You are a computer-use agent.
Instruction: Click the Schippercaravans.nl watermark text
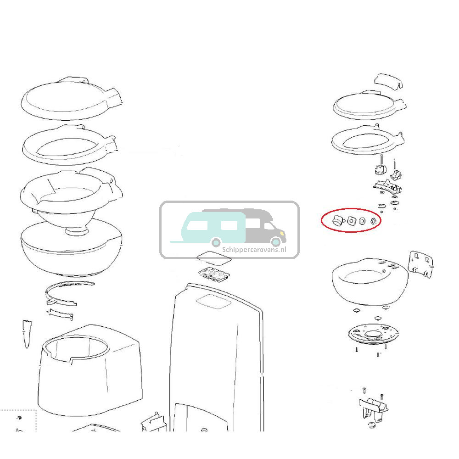(x=254, y=250)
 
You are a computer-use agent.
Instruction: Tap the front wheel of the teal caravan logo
(x=216, y=242)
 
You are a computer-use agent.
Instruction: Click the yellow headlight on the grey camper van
(x=282, y=233)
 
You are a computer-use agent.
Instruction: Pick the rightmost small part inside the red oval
(x=373, y=221)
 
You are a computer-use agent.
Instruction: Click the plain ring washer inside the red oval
(x=362, y=221)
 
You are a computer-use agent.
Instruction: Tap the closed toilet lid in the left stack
(x=71, y=98)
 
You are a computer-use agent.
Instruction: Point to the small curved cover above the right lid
(x=388, y=80)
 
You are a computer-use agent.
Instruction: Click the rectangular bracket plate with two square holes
(x=420, y=263)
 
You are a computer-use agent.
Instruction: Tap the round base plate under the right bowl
(x=374, y=334)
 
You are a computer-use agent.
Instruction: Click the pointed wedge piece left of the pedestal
(x=27, y=333)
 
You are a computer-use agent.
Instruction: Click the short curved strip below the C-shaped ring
(x=60, y=314)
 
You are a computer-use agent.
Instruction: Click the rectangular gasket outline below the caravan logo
(x=214, y=258)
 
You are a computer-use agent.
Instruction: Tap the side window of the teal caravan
(x=197, y=225)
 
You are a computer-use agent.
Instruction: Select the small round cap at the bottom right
(x=372, y=425)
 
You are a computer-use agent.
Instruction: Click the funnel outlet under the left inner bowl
(x=77, y=231)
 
